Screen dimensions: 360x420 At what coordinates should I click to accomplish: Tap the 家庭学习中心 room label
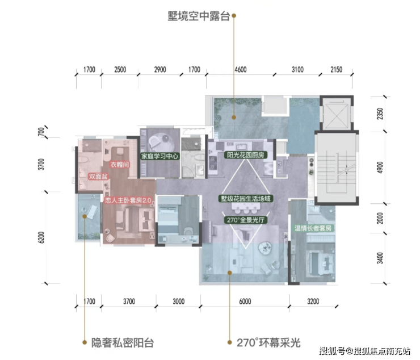[x=161, y=156]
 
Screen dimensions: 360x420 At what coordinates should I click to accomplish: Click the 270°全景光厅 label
[x=245, y=220]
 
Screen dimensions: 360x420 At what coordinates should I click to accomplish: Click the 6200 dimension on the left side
[x=41, y=236]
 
